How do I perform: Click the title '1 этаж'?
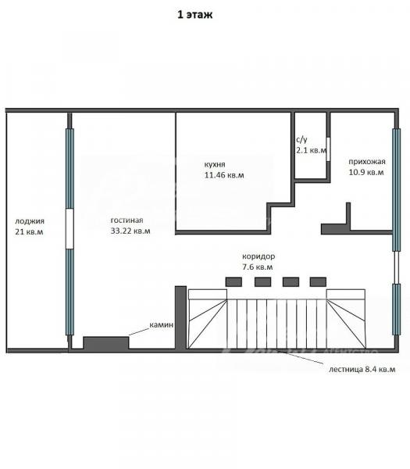point(194,15)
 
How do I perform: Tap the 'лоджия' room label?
point(30,221)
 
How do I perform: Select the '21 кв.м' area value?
point(29,232)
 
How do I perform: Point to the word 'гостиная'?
point(127,220)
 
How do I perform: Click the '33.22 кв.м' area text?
point(130,231)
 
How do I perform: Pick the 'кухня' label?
point(215,164)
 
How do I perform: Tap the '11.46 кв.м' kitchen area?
point(224,175)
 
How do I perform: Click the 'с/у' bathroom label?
point(301,140)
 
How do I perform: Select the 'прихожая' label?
point(367,162)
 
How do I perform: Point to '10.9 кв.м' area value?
point(366,172)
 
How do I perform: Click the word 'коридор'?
point(258,256)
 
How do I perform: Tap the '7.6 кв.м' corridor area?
point(258,267)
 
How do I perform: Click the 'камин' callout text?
point(162,325)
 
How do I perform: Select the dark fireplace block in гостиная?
point(106,343)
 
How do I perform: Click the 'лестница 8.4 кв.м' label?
point(362,370)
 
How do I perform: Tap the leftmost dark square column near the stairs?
point(234,282)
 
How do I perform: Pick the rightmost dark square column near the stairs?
point(318,282)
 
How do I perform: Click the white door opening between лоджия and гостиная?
point(70,229)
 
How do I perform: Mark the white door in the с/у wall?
point(328,149)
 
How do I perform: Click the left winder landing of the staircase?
point(208,319)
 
